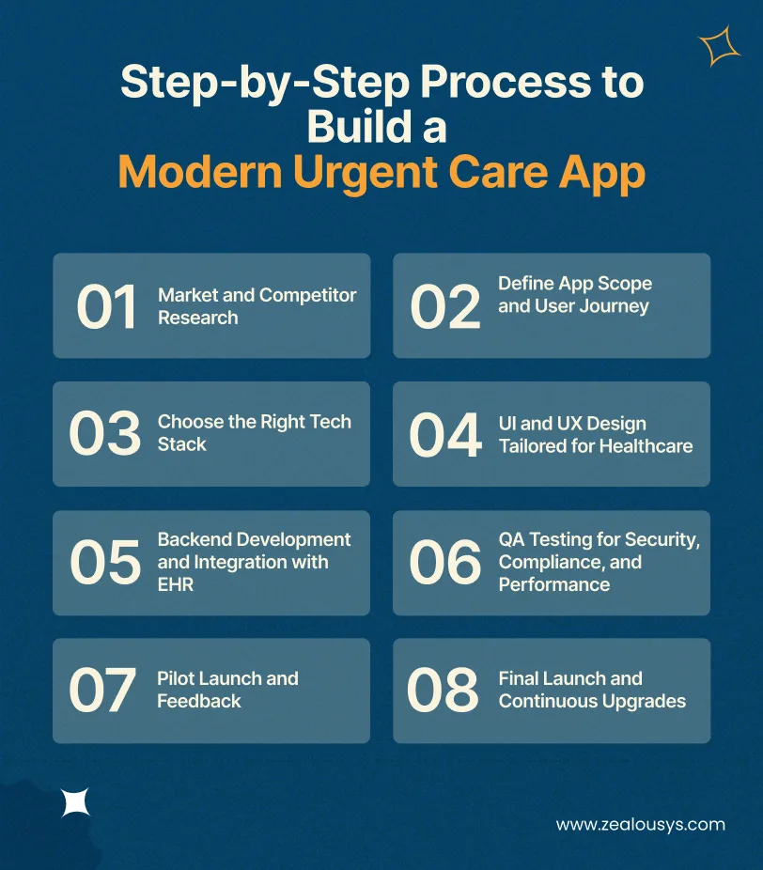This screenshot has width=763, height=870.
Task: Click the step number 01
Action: [106, 307]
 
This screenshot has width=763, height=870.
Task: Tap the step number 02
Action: [445, 307]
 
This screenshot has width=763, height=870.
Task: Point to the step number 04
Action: [445, 435]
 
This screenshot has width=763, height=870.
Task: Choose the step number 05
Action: [104, 562]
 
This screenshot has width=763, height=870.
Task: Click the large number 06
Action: [445, 562]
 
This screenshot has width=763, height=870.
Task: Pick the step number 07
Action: [103, 691]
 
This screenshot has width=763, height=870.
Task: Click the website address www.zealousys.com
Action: [641, 825]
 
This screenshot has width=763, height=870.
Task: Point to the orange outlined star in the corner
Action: [720, 46]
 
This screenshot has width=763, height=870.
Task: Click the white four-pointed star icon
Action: [76, 801]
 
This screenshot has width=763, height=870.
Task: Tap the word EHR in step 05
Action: [176, 584]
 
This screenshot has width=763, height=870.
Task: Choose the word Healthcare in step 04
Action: [646, 445]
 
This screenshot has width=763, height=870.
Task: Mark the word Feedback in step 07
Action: [199, 701]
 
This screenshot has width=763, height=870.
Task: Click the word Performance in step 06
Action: [554, 584]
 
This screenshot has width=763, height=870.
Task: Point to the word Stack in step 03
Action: [181, 444]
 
